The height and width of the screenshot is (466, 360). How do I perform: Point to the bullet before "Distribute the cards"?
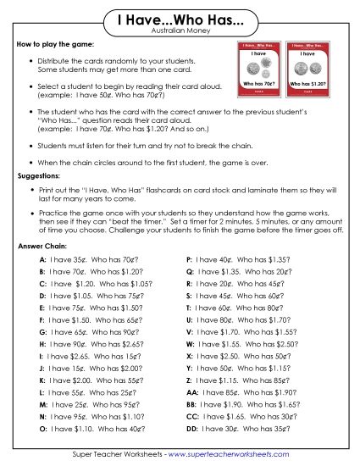click(31, 63)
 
